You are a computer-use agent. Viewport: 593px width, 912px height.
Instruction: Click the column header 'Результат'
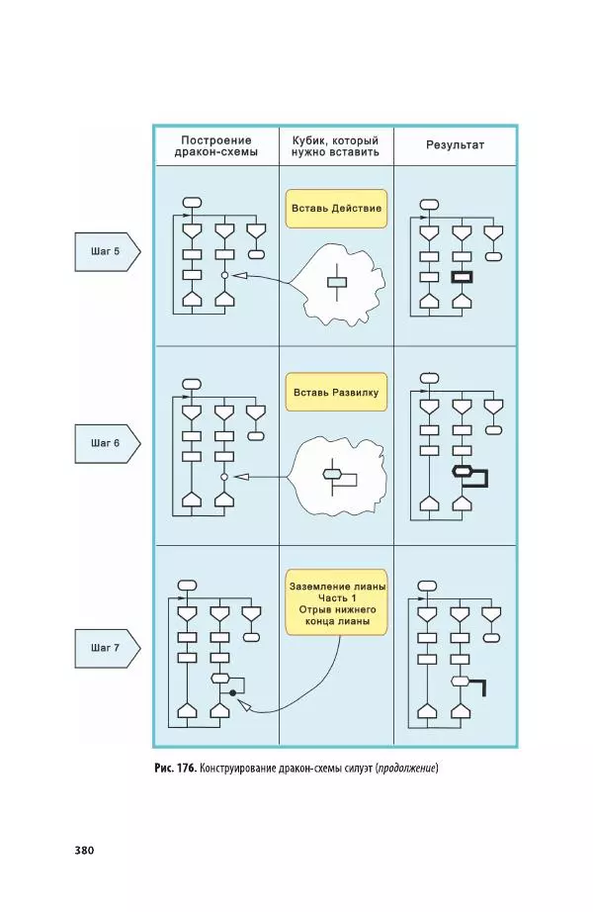click(x=455, y=144)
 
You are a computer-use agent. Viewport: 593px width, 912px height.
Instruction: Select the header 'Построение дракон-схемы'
click(x=216, y=145)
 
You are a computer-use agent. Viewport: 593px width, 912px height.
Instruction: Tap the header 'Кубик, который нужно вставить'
click(x=336, y=145)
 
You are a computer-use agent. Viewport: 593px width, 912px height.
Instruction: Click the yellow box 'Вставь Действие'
click(x=336, y=210)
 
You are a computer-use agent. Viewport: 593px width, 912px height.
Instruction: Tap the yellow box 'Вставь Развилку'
click(x=336, y=393)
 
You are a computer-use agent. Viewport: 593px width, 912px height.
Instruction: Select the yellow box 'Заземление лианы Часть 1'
click(x=337, y=604)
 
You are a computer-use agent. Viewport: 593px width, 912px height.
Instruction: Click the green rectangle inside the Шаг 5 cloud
click(x=338, y=283)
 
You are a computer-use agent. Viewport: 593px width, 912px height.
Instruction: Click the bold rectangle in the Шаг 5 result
click(x=462, y=279)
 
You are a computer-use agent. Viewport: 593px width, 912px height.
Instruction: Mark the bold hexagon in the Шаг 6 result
click(x=460, y=471)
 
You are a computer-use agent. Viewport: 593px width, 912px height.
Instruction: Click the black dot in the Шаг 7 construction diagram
click(x=232, y=694)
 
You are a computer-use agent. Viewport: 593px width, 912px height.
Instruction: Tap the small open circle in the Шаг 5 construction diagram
click(x=224, y=274)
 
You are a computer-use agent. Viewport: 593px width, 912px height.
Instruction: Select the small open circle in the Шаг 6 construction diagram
click(x=224, y=477)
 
